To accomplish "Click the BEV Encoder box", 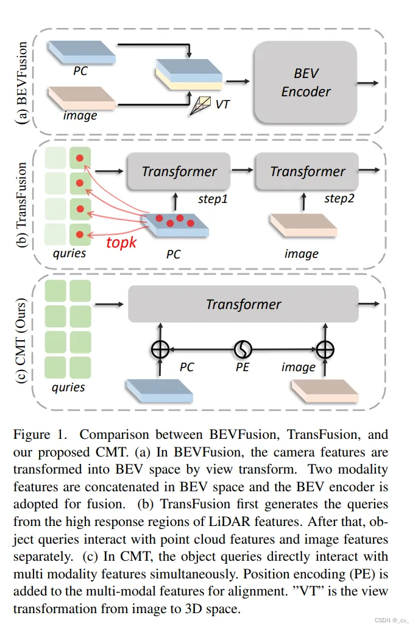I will pyautogui.click(x=305, y=83).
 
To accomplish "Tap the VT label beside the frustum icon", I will pyautogui.click(x=223, y=104).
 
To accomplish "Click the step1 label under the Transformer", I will pyautogui.click(x=215, y=199).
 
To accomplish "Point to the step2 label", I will pyautogui.click(x=340, y=199).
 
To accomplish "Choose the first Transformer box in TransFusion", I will pyautogui.click(x=179, y=172).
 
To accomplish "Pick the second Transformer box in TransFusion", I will pyautogui.click(x=307, y=172).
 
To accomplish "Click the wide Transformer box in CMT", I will pyautogui.click(x=243, y=304).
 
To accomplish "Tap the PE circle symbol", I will pyautogui.click(x=243, y=349).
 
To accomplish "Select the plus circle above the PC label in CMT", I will pyautogui.click(x=160, y=349).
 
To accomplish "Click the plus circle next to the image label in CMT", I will pyautogui.click(x=326, y=349).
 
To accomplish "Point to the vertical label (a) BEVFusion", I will pyautogui.click(x=23, y=83).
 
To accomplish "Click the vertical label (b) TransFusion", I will pyautogui.click(x=23, y=204).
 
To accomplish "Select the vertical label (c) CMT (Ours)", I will pyautogui.click(x=23, y=338).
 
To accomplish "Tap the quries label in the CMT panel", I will pyautogui.click(x=68, y=386).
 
